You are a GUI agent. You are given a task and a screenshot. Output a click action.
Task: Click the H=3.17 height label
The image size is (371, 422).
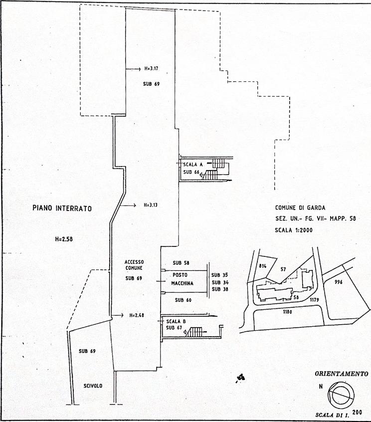coord(151,68)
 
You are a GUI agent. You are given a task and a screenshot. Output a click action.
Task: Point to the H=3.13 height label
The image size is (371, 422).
coord(151,205)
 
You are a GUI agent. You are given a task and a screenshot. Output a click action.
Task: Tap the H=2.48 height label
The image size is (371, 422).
coord(136,315)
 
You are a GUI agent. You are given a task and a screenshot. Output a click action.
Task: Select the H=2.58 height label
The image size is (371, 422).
coord(65,239)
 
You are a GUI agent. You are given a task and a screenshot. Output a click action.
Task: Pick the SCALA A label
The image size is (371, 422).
coord(191,164)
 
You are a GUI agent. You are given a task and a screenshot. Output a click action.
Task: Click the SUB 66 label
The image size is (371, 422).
coord(191,172)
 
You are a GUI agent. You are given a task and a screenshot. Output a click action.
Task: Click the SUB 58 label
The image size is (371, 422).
coord(181,262)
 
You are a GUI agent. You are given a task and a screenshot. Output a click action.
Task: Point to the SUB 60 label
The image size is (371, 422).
coord(184,300)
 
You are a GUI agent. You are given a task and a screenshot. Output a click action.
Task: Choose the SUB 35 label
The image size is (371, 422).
coord(219,275)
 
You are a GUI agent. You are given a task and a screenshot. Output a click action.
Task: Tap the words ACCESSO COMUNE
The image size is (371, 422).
coord(134,264)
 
